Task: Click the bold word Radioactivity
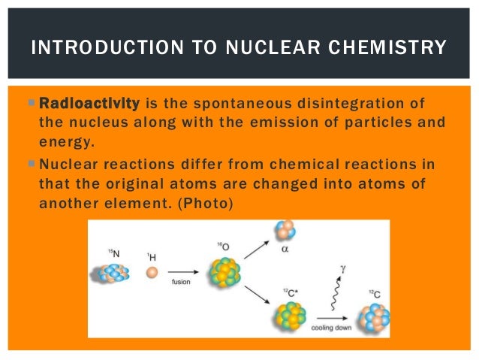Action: pos(89,103)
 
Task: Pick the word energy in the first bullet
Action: pos(63,139)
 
